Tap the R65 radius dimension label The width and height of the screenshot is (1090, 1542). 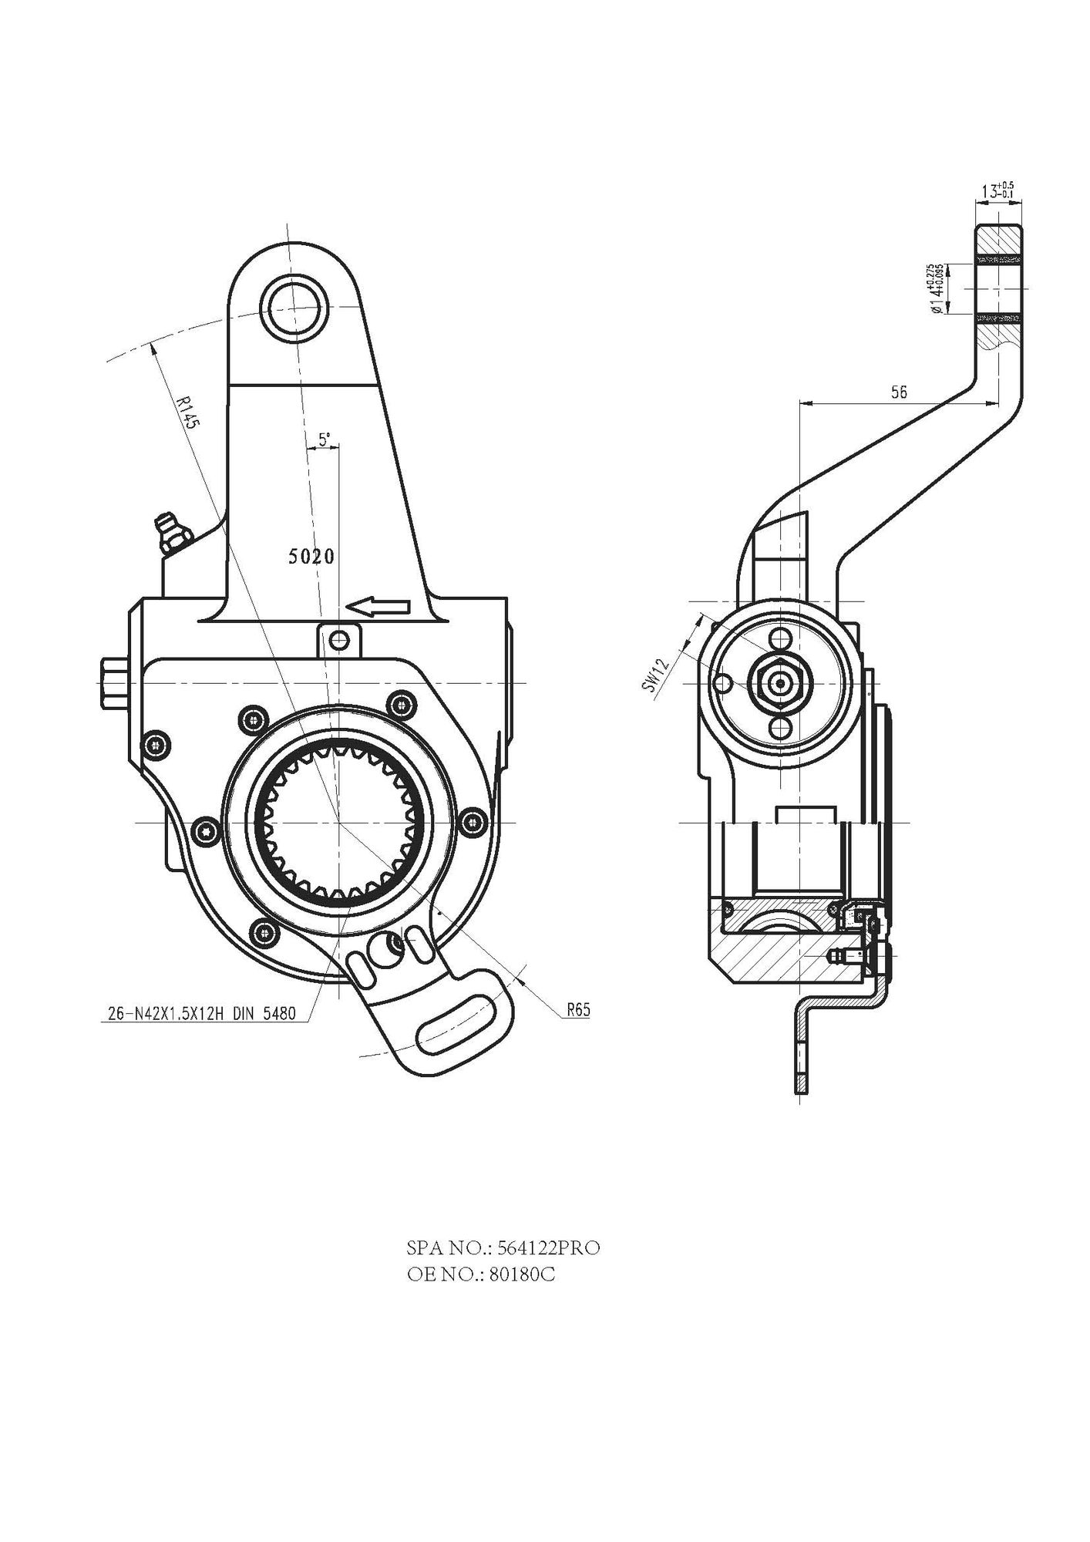tap(578, 1011)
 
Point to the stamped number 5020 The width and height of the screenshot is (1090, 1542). tap(311, 556)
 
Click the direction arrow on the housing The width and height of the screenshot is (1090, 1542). tap(378, 608)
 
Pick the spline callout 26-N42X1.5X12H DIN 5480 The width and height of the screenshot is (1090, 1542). tap(199, 1014)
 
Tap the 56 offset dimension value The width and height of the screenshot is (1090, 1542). tap(899, 392)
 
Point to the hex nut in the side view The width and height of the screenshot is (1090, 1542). tap(781, 682)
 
